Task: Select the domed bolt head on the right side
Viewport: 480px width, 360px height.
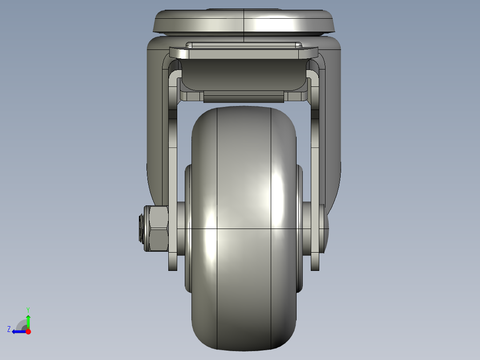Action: click(326, 228)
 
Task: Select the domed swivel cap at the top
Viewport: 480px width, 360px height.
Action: click(244, 21)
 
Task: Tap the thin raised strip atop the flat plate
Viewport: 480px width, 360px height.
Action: click(244, 45)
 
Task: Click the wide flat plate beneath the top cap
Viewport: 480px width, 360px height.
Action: click(244, 53)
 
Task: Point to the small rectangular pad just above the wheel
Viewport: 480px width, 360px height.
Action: click(244, 97)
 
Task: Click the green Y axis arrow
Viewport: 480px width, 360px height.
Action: click(28, 321)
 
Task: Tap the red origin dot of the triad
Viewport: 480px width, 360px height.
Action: click(28, 331)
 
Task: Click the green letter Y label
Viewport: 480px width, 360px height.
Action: click(28, 309)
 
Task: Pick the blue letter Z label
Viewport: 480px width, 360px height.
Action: click(9, 329)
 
